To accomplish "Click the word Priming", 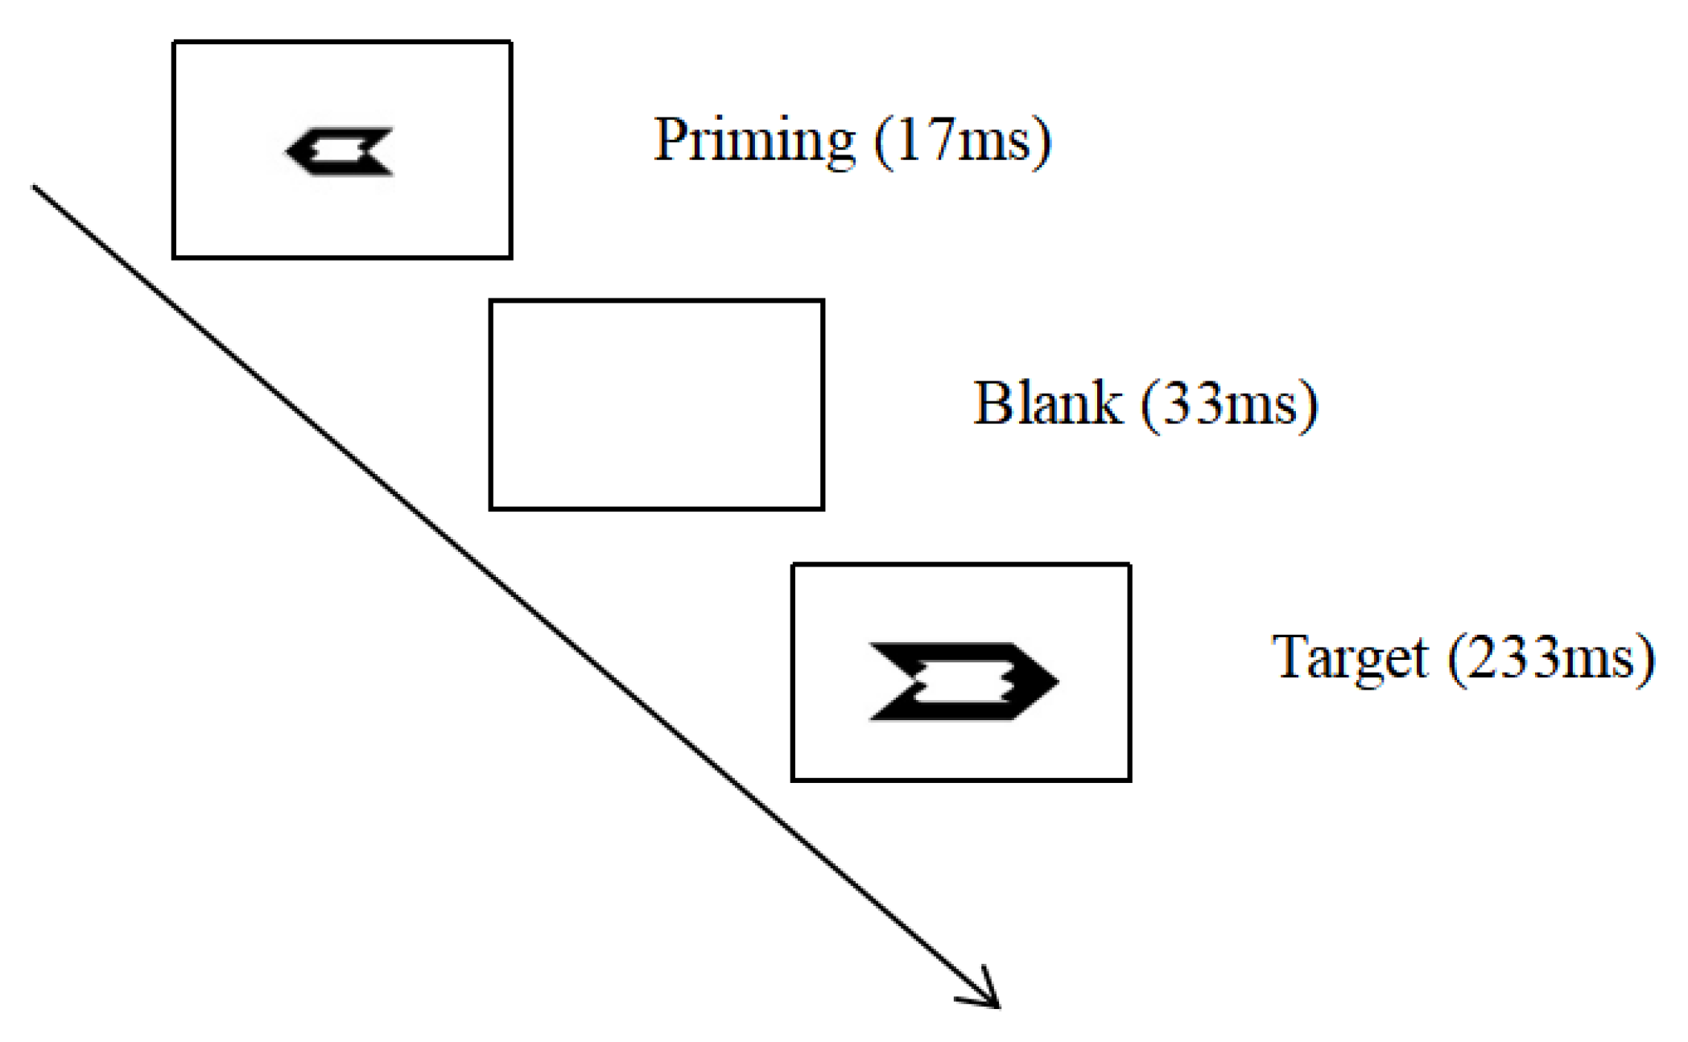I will [x=753, y=141].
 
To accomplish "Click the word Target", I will [x=1349, y=658].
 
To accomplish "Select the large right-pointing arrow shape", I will [x=963, y=681].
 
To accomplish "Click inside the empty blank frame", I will [x=656, y=405].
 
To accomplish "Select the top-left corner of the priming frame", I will [x=175, y=43].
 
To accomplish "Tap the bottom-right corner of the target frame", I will [x=1129, y=779].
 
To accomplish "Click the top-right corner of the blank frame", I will [x=822, y=302].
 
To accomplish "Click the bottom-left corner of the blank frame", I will [x=491, y=508].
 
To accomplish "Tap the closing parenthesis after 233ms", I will [x=1647, y=660].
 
